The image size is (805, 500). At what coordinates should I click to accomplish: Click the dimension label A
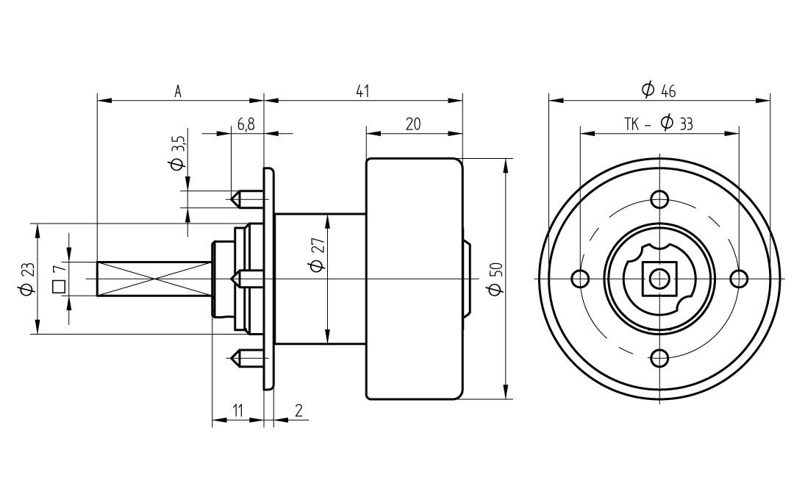(178, 92)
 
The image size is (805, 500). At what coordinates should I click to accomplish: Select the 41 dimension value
(362, 91)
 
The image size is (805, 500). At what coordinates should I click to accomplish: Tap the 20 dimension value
(413, 124)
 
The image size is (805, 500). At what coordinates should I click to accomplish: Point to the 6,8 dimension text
(246, 124)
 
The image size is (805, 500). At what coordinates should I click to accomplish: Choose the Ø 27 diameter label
(317, 254)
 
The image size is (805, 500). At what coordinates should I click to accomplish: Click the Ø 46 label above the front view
(658, 90)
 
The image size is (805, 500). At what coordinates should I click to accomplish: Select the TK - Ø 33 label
(659, 124)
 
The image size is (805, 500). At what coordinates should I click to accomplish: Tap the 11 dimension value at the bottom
(237, 411)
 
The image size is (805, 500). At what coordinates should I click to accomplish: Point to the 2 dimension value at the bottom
(298, 411)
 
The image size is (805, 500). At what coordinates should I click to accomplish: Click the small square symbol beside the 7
(59, 286)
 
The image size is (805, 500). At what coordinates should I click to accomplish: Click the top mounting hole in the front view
(659, 199)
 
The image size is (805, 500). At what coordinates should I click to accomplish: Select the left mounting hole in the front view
(580, 279)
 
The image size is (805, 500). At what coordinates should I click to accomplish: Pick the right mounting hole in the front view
(739, 279)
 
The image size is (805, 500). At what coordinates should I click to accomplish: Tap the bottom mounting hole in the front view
(659, 358)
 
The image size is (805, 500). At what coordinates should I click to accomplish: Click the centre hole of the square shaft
(659, 279)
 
